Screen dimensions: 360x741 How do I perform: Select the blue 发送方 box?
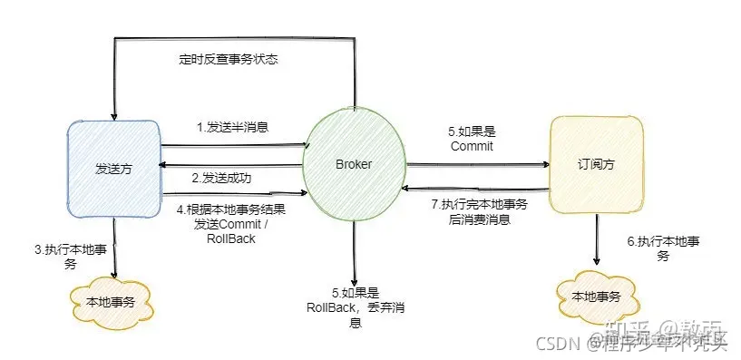point(114,170)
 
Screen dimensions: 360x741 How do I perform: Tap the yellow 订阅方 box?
point(597,165)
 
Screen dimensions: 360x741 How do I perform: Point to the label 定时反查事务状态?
point(228,60)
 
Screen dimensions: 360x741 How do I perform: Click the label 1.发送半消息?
point(233,127)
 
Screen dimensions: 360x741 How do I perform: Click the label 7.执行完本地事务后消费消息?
point(478,210)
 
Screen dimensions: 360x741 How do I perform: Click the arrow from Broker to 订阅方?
point(479,165)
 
